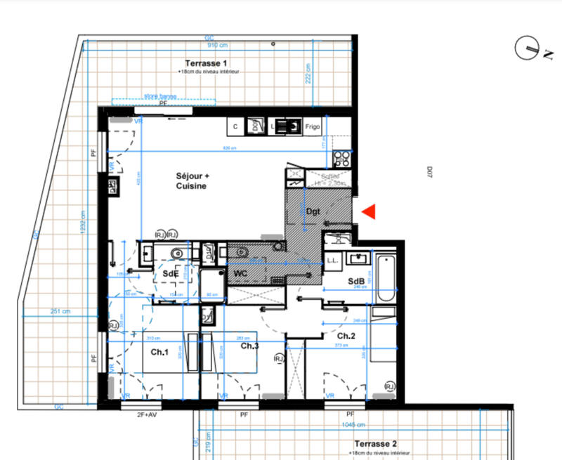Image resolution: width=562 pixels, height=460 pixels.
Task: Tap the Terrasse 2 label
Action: pyautogui.click(x=376, y=445)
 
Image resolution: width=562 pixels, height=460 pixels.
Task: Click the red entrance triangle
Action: pyautogui.click(x=370, y=211)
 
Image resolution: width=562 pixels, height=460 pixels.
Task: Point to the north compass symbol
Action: pyautogui.click(x=529, y=48)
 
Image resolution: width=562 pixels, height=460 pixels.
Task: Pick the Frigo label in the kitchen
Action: pyautogui.click(x=313, y=126)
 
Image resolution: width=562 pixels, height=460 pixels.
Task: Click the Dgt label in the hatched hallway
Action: pyautogui.click(x=313, y=211)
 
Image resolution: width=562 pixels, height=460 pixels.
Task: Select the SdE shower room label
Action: pyautogui.click(x=170, y=273)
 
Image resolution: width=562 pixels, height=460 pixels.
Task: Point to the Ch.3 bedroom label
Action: pyautogui.click(x=250, y=346)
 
